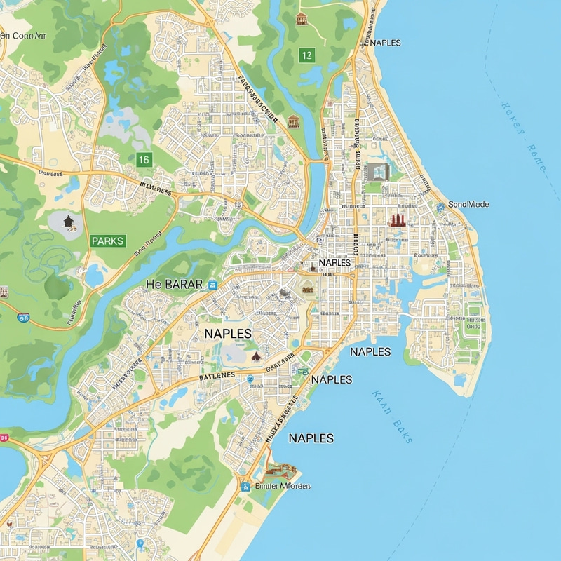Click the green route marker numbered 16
[143, 160]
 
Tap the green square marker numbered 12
[306, 55]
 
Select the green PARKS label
[107, 241]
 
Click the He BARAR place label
[174, 284]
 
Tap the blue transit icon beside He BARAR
[213, 284]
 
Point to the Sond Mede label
[468, 204]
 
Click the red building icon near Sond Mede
[398, 220]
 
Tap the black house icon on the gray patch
[68, 222]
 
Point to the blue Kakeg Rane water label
[522, 139]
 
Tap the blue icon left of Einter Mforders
[245, 485]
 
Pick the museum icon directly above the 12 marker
[302, 19]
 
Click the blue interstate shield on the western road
[24, 318]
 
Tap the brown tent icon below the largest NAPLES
[256, 357]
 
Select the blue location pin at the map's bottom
[141, 543]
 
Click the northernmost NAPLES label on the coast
[384, 43]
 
